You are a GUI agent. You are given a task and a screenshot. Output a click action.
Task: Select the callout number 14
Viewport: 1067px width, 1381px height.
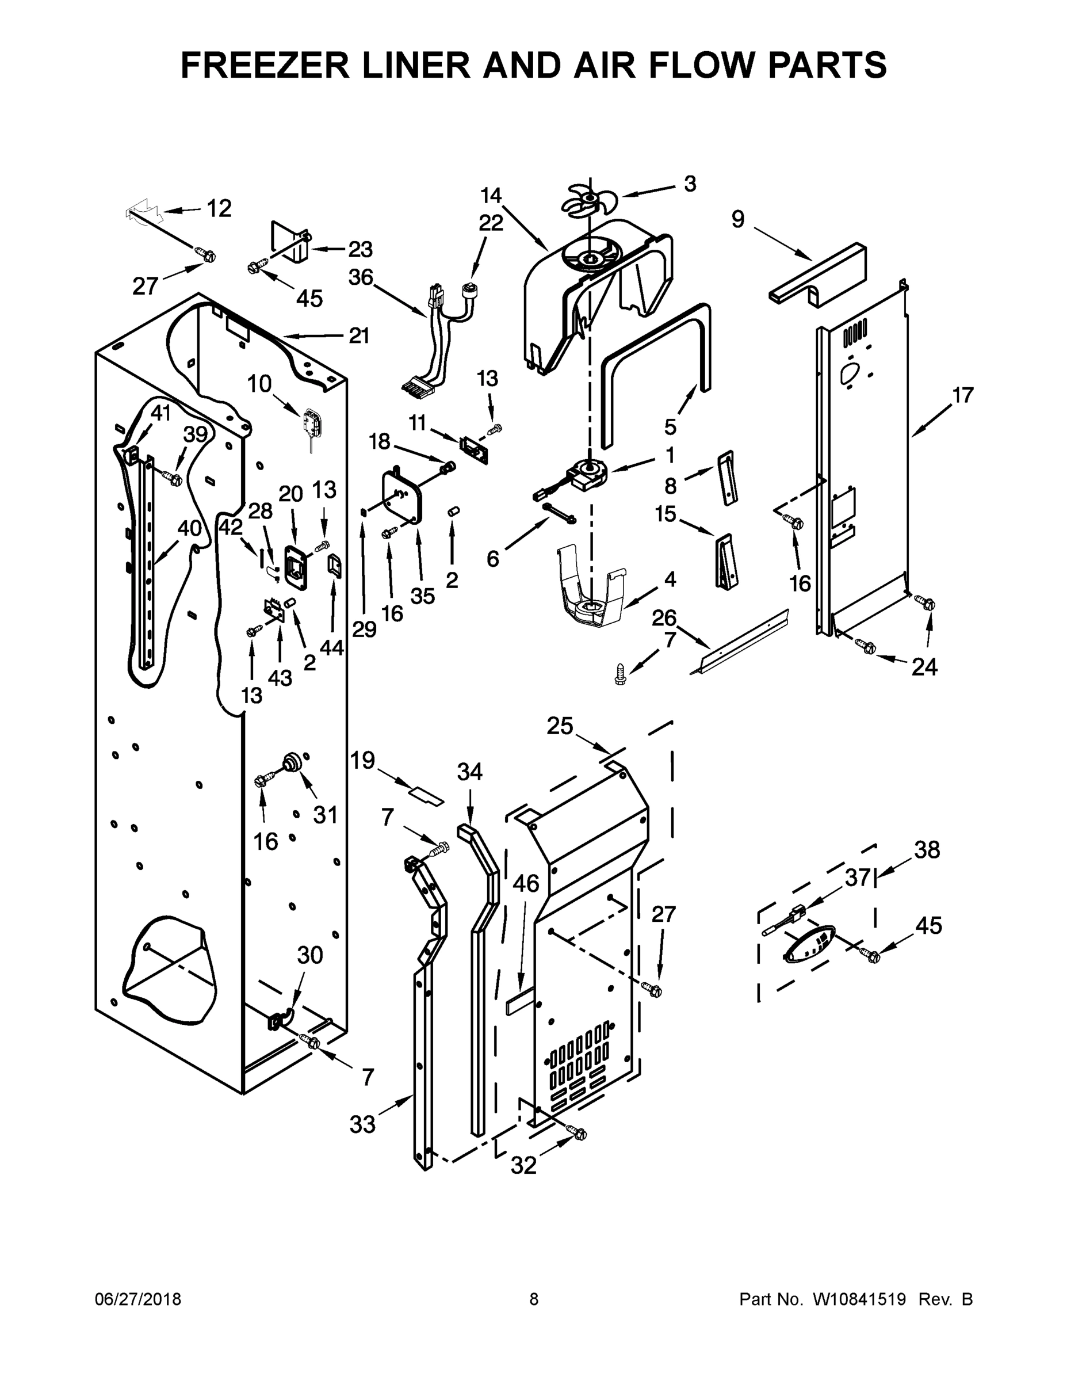pos(491,196)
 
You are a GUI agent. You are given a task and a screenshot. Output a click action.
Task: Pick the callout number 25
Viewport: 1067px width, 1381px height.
pos(560,726)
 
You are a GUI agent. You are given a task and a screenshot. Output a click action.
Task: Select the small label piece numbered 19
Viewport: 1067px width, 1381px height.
pos(426,795)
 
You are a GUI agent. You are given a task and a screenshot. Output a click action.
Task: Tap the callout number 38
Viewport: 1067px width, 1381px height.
pos(927,850)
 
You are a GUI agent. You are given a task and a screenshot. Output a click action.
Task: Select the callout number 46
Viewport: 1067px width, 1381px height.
pos(525,883)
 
